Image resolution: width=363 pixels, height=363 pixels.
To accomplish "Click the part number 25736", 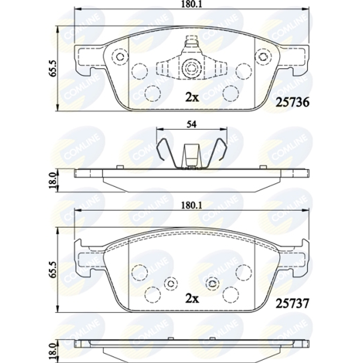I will [x=292, y=103].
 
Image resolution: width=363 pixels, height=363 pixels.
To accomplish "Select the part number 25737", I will [x=292, y=304].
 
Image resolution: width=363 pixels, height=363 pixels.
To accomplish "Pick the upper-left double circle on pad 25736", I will [x=119, y=57].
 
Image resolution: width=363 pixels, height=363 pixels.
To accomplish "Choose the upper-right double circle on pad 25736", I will [x=262, y=57].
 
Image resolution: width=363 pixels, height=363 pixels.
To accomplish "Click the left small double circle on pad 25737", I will [x=171, y=283].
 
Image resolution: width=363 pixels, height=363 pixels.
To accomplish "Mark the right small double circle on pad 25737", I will [x=212, y=283].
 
